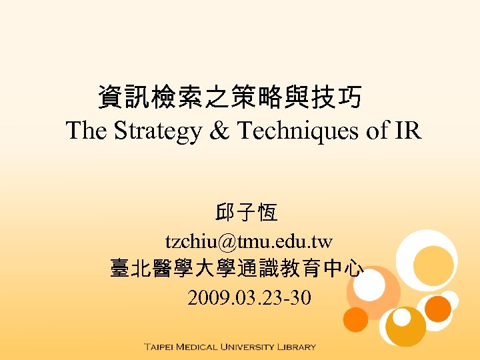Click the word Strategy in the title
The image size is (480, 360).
pyautogui.click(x=157, y=131)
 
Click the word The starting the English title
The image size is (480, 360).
pyautogui.click(x=87, y=131)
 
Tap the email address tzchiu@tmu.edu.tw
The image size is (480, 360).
pyautogui.click(x=249, y=241)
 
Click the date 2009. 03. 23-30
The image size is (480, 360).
pyautogui.click(x=249, y=297)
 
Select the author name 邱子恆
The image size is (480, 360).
pyautogui.click(x=247, y=214)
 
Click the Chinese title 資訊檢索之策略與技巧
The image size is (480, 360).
pyautogui.click(x=230, y=98)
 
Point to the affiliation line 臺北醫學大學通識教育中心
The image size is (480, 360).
pyautogui.click(x=237, y=269)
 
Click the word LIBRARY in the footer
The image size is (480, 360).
pyautogui.click(x=299, y=347)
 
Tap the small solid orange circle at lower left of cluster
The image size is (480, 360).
pyautogui.click(x=356, y=319)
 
